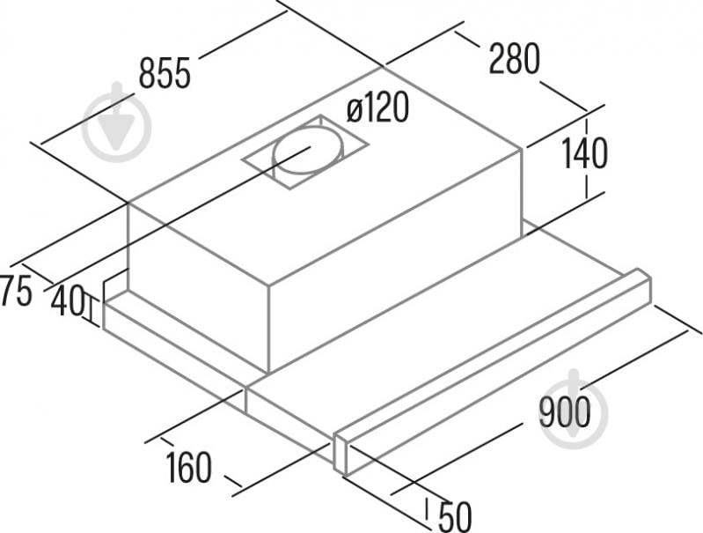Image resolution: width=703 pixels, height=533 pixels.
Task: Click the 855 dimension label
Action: (x=165, y=73)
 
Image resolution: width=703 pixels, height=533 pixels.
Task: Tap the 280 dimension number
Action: (x=514, y=58)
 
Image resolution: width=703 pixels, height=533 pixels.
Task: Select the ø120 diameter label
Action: (x=377, y=107)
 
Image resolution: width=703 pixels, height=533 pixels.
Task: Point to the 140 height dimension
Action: (x=584, y=153)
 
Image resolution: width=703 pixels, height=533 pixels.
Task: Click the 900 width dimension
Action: (x=565, y=411)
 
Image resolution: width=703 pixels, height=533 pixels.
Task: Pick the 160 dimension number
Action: (x=189, y=467)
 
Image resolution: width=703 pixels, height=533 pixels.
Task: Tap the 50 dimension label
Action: (x=455, y=516)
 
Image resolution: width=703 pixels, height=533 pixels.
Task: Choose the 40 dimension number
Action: (x=68, y=300)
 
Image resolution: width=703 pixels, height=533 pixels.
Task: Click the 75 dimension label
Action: (x=16, y=291)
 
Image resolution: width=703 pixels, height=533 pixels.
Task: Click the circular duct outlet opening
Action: (x=309, y=150)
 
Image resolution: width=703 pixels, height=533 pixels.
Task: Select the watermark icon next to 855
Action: (x=117, y=122)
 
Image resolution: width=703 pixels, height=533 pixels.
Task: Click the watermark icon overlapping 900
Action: (x=574, y=409)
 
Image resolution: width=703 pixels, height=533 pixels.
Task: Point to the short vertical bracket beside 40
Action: (x=92, y=310)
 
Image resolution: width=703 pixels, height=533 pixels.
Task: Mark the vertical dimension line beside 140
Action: (x=586, y=158)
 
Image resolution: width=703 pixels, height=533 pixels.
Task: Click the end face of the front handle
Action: (x=341, y=454)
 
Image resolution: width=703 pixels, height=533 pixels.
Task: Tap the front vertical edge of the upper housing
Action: (x=268, y=329)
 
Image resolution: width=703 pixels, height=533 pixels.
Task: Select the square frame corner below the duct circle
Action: (x=290, y=188)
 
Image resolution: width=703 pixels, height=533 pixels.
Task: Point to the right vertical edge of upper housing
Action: (x=522, y=192)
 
